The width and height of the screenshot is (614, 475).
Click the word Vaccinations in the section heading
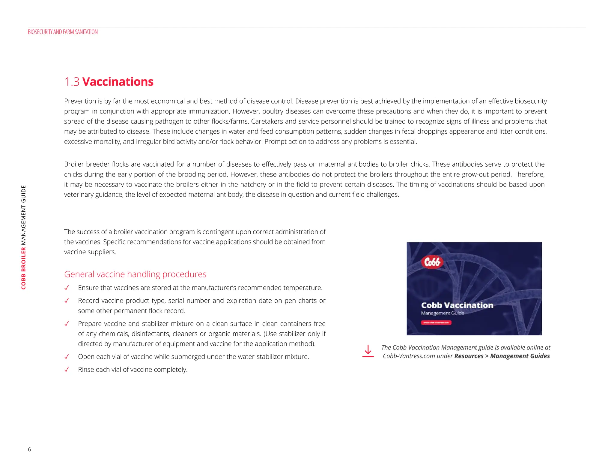point(118,82)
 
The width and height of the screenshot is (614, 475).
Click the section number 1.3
point(72,82)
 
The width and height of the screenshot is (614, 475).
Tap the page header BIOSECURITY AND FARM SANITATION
point(63,32)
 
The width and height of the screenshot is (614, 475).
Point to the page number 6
point(29,449)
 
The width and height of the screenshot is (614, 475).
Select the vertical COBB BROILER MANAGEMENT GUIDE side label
point(23,237)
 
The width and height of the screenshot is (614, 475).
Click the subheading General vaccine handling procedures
point(135,274)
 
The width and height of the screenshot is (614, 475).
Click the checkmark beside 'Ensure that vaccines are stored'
point(67,288)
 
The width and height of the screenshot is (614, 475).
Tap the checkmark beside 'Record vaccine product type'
point(67,301)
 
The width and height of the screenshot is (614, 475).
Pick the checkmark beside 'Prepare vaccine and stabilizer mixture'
point(67,324)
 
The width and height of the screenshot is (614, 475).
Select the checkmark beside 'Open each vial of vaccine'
point(67,357)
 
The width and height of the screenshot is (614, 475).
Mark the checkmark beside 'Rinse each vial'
point(67,370)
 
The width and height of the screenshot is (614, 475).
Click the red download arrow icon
point(368,351)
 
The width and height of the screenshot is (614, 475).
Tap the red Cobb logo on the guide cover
point(432,262)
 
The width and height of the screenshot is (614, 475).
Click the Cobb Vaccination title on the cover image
point(457,305)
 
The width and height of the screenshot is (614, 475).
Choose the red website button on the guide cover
point(436,323)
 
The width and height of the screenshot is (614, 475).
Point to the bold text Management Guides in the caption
point(520,356)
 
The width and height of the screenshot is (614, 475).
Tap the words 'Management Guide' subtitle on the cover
point(443,313)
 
